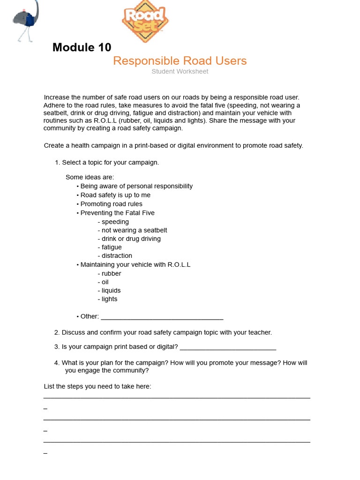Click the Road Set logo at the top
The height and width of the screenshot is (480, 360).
(x=145, y=21)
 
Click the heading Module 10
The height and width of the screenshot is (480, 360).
(x=82, y=47)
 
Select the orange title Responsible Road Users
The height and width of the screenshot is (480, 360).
(x=180, y=61)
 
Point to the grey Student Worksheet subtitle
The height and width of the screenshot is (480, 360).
(x=180, y=72)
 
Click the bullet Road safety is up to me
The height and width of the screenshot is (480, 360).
(x=115, y=195)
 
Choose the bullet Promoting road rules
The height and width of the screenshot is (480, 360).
(x=111, y=204)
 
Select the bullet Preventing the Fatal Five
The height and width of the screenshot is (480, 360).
(x=117, y=213)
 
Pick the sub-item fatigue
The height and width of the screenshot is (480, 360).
(x=111, y=247)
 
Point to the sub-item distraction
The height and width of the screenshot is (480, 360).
(x=116, y=255)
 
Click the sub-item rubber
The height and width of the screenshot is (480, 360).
(x=111, y=273)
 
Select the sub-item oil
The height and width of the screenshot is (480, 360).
(x=104, y=282)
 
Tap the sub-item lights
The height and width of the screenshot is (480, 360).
(x=109, y=299)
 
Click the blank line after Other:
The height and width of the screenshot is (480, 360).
(x=162, y=317)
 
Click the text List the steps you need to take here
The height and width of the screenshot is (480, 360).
(x=97, y=386)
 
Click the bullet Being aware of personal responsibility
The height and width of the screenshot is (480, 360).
(x=136, y=186)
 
